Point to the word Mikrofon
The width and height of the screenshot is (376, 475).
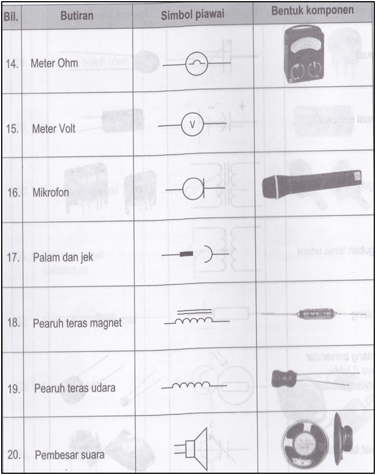click(x=51, y=191)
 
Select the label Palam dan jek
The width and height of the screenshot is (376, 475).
click(x=62, y=257)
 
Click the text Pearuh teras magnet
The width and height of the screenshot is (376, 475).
click(x=77, y=323)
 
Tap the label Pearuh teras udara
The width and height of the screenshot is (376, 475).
click(x=74, y=387)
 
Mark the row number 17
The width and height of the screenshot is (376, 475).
click(x=11, y=257)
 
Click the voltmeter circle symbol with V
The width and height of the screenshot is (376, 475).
click(x=193, y=124)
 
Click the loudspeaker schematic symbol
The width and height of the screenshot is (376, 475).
click(x=194, y=446)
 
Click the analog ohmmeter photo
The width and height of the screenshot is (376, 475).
click(x=304, y=58)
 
